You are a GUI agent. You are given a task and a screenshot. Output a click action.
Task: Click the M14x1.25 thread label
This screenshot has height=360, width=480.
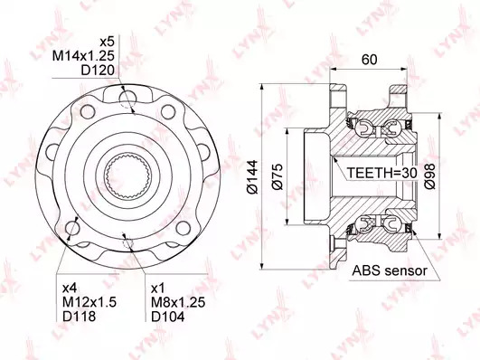point(83,56)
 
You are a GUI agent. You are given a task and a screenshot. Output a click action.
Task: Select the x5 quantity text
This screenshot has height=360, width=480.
point(107,42)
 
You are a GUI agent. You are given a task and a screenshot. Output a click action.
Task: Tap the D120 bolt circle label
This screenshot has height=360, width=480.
point(98,71)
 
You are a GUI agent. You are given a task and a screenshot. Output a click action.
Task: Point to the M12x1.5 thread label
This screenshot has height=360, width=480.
point(89,302)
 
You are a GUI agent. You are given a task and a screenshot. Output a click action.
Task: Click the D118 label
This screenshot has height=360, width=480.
point(79,317)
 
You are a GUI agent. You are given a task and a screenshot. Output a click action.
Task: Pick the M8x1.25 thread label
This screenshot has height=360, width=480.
point(178,302)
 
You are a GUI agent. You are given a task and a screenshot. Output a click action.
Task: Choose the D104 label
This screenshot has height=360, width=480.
point(168,317)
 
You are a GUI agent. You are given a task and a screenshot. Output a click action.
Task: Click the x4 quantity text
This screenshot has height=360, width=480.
point(70,289)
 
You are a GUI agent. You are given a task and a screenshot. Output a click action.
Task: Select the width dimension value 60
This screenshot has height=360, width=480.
point(369,60)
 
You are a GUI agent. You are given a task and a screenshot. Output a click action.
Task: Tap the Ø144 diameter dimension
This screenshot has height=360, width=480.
point(253,176)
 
